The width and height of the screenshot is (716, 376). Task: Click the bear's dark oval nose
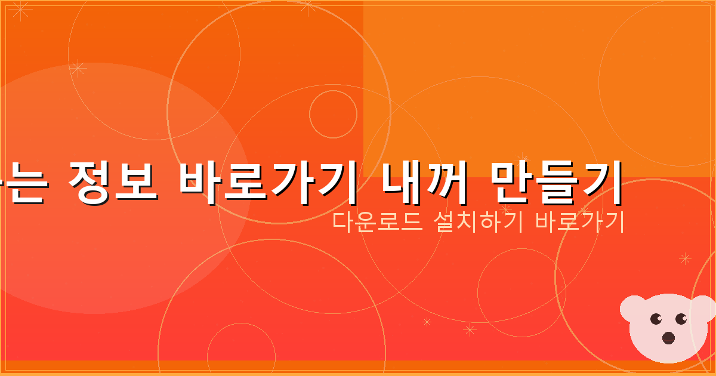[669, 338]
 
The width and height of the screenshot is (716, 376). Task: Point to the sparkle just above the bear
[685, 258]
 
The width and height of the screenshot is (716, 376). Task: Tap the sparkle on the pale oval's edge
[78, 68]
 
